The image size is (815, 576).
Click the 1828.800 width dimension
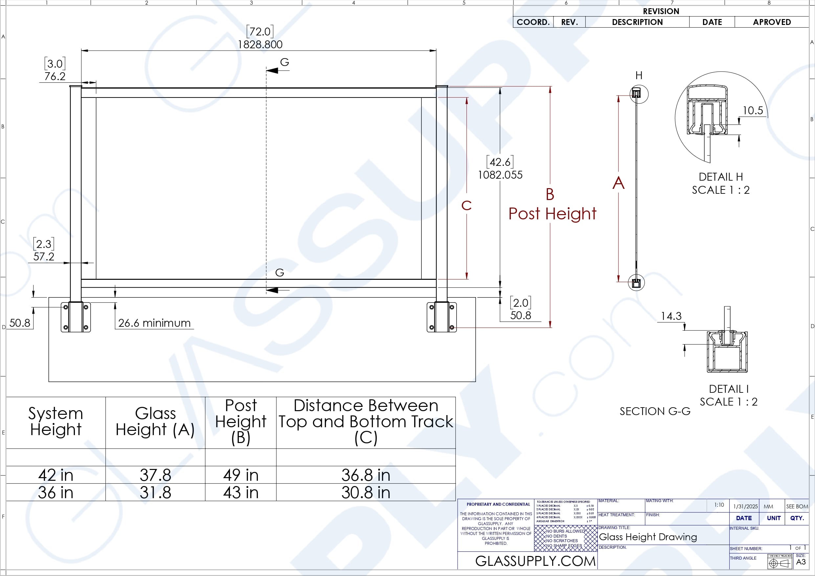(x=260, y=45)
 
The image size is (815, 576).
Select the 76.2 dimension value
(x=55, y=76)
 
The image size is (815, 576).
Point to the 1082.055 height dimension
(x=500, y=175)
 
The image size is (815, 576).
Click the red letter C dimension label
(x=466, y=206)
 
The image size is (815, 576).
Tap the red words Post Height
(x=552, y=214)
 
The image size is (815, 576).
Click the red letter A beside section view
(x=618, y=183)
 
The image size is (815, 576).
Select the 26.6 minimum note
(x=154, y=323)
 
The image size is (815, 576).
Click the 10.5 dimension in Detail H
(x=753, y=110)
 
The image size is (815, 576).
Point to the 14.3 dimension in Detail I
(x=671, y=316)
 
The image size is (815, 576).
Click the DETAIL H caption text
(x=721, y=177)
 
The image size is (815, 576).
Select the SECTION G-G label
(x=655, y=411)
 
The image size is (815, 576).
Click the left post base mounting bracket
(x=76, y=317)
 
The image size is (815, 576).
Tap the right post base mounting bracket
(x=441, y=317)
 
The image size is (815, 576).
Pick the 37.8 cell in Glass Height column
(x=155, y=475)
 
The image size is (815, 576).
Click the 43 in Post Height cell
(x=241, y=493)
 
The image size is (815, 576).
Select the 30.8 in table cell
(x=366, y=493)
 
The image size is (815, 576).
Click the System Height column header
(x=56, y=422)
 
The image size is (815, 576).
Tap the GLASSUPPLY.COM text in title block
(x=535, y=561)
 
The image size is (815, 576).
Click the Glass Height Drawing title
(x=648, y=537)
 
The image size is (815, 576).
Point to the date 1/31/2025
(x=745, y=506)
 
